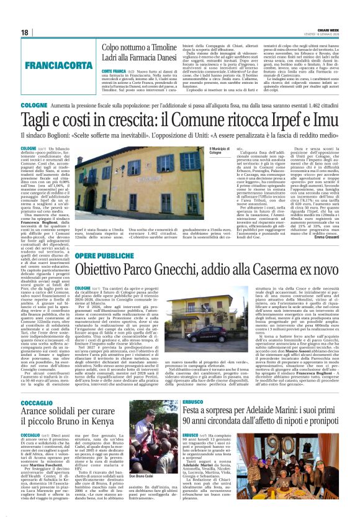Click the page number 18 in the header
pos(24,32)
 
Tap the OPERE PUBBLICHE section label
pos(107,256)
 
